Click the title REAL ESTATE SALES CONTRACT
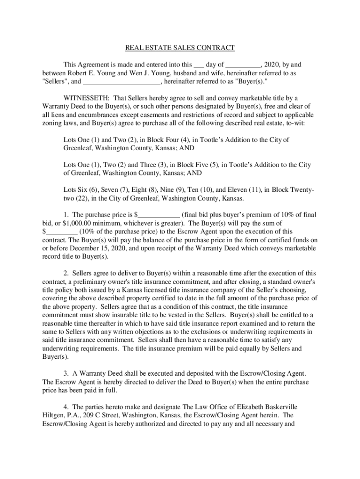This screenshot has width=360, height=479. [x=180, y=48]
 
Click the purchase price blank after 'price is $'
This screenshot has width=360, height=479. [x=160, y=215]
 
